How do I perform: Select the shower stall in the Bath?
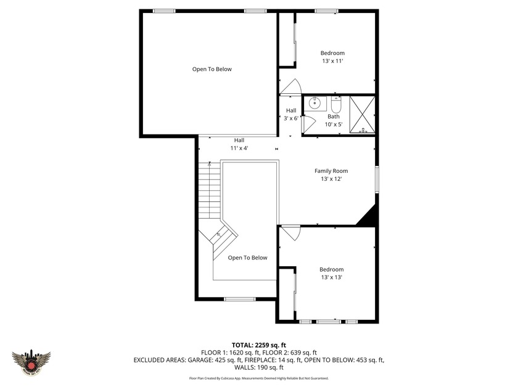tap(363, 114)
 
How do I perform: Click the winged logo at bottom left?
tap(31, 360)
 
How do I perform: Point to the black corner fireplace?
tap(369, 216)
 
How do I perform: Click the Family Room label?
tap(331, 171)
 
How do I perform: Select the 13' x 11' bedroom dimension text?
tap(332, 61)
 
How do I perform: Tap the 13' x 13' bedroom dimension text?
tap(331, 277)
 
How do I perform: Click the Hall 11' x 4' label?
tap(239, 144)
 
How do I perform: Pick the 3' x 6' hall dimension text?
tap(291, 119)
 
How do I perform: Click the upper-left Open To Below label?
tap(212, 69)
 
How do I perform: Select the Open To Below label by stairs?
tap(247, 257)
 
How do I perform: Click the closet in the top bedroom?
tap(287, 41)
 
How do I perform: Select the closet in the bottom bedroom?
tap(287, 294)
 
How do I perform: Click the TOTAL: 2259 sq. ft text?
tap(258, 345)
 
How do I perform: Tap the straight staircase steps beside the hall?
tap(209, 191)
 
